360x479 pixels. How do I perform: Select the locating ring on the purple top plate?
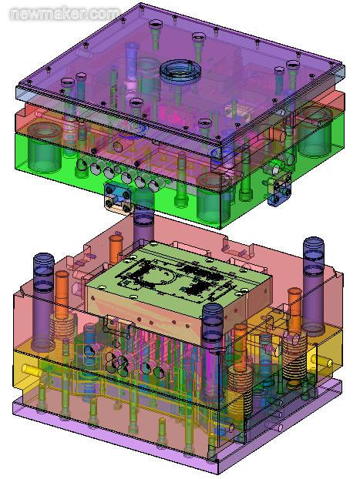181,72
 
